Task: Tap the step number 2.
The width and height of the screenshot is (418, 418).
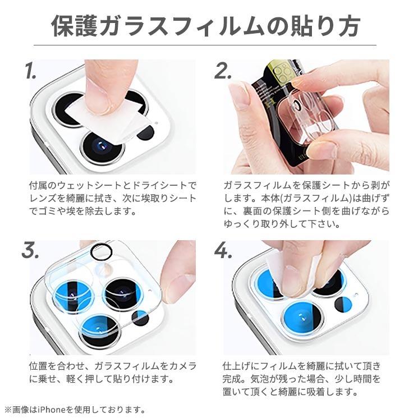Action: tap(223, 71)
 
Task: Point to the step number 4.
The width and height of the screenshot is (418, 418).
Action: tap(223, 251)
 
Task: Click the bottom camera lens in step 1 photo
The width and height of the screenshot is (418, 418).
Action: tap(102, 147)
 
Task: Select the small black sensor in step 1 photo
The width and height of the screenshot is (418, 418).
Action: tap(145, 132)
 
